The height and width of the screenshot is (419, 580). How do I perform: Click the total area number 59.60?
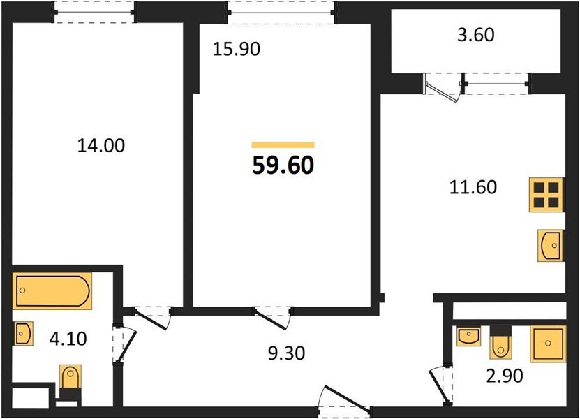click(x=283, y=165)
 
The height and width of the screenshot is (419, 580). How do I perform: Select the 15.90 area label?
click(x=237, y=50)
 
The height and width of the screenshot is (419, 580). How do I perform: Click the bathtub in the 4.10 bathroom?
click(x=52, y=291)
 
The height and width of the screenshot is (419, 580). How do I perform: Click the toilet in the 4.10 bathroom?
click(x=70, y=381)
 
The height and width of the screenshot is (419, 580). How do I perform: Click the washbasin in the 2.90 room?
click(x=467, y=337)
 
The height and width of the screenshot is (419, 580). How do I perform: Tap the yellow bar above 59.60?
click(x=283, y=145)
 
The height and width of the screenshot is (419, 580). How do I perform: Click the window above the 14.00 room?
click(x=94, y=13)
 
